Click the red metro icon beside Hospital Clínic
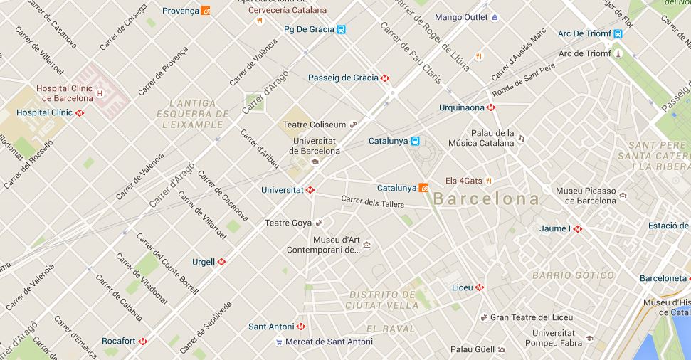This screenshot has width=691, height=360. (80, 112)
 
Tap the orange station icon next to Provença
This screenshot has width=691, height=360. (206, 11)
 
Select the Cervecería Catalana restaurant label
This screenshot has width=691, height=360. (288, 11)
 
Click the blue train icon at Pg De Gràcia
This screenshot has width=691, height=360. (342, 30)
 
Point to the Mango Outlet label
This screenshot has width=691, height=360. (460, 17)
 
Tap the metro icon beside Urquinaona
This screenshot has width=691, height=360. (490, 108)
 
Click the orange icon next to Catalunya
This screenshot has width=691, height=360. (423, 189)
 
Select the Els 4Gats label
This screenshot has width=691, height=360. (463, 181)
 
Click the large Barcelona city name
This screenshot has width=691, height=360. (487, 199)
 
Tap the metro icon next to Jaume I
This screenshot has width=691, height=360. (578, 229)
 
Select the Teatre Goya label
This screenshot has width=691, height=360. (288, 223)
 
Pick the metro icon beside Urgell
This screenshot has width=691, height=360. (221, 262)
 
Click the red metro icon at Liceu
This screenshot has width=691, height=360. (480, 287)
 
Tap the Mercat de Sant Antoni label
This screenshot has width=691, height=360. (329, 342)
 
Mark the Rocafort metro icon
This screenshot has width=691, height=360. (143, 341)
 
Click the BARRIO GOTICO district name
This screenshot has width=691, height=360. (573, 275)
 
